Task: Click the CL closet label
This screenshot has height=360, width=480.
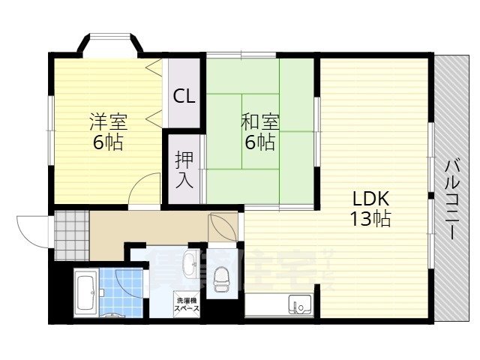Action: coord(184,97)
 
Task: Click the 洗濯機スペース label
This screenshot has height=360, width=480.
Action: coord(187,304)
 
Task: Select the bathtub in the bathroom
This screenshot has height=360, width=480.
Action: coord(85,293)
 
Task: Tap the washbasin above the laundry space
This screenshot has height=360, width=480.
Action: coord(190,262)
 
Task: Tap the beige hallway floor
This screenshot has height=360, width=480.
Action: coord(150,225)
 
